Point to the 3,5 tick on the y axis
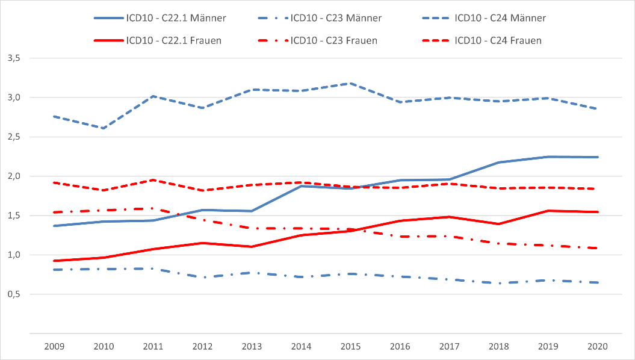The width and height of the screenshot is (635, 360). [14, 58]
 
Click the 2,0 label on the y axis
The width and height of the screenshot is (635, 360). [14, 176]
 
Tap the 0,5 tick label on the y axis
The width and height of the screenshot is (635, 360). [14, 294]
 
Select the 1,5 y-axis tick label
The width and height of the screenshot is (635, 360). [14, 216]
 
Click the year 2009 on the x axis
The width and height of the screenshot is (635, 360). [54, 347]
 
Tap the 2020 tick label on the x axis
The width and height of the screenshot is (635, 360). [598, 347]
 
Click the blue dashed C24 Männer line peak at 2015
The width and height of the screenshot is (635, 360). [352, 84]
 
